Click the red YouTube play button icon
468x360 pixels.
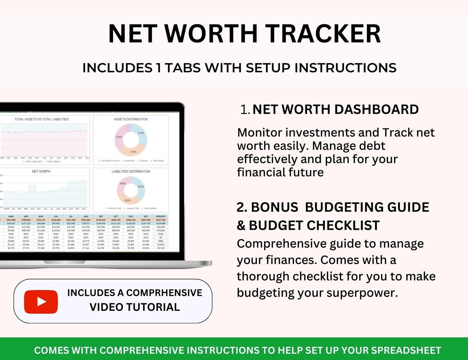[x=41, y=302]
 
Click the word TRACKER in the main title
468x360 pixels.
[x=323, y=34]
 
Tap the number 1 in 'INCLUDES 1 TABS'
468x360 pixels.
[x=158, y=68]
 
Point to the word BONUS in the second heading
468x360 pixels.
[x=275, y=207]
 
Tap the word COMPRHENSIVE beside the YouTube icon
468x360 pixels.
[x=164, y=293]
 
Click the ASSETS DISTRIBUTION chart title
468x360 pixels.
[x=131, y=119]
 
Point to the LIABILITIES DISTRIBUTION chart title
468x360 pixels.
[x=131, y=171]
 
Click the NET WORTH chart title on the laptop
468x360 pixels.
[x=41, y=171]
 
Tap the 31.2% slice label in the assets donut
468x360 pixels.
[x=141, y=133]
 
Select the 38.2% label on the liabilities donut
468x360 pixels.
[x=141, y=187]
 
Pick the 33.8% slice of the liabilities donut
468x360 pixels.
[x=128, y=200]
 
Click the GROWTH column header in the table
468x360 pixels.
[x=161, y=216]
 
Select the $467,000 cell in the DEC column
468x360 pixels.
[x=146, y=220]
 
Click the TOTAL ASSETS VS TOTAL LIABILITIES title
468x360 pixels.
[x=41, y=119]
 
